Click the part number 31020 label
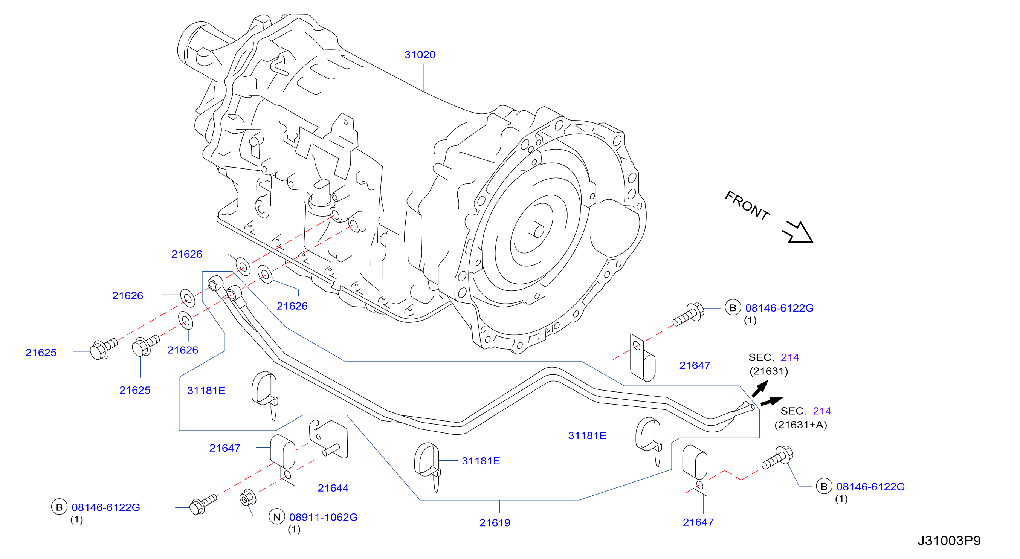[x=420, y=55]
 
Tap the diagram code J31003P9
[x=949, y=541]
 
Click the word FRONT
[x=747, y=205]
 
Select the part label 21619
[x=495, y=523]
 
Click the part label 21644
[x=333, y=488]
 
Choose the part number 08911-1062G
[x=323, y=517]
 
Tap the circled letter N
[x=277, y=517]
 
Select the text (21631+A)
[x=801, y=425]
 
